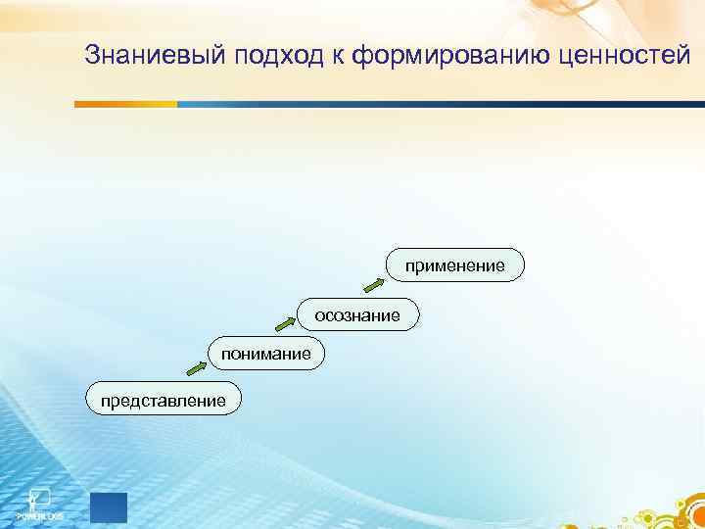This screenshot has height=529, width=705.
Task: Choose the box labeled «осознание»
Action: (x=357, y=314)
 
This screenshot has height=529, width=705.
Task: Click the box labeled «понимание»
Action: (x=265, y=353)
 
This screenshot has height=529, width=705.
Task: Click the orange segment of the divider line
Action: (x=128, y=103)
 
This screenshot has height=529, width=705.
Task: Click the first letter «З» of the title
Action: (x=92, y=57)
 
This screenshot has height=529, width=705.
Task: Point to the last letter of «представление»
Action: (x=220, y=400)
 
